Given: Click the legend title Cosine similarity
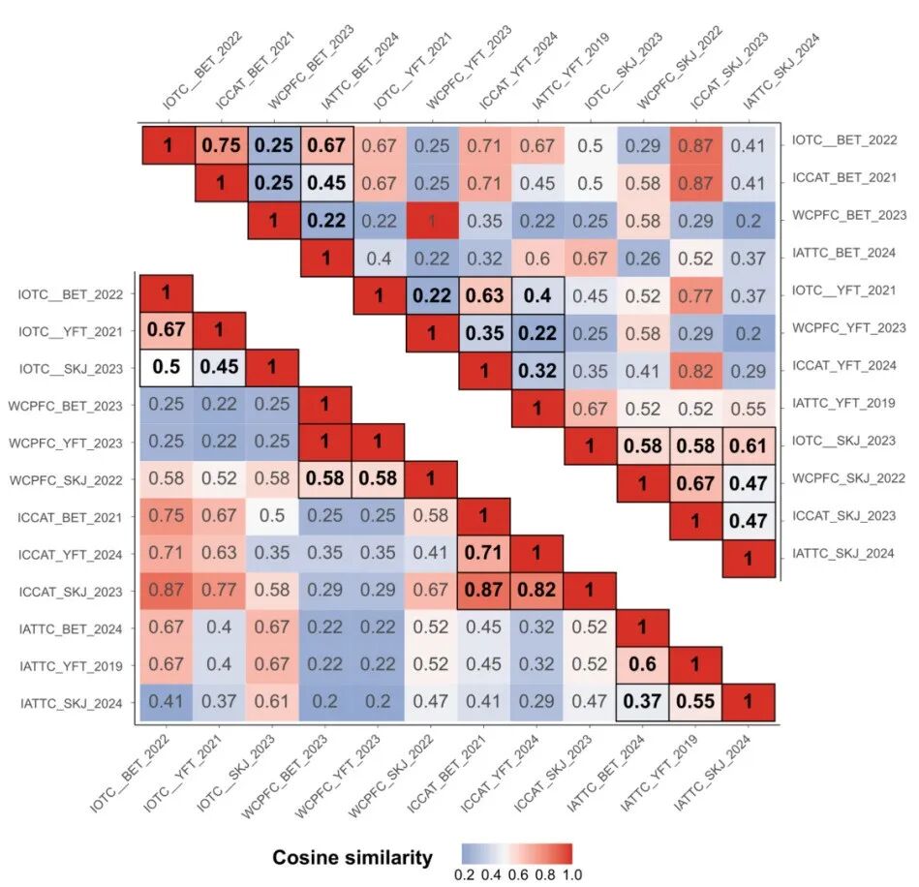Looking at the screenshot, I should tap(352, 857).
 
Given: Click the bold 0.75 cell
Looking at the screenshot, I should tap(222, 146).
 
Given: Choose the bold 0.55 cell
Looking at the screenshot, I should tap(693, 702).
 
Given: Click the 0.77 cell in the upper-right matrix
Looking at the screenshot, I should tap(693, 293).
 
